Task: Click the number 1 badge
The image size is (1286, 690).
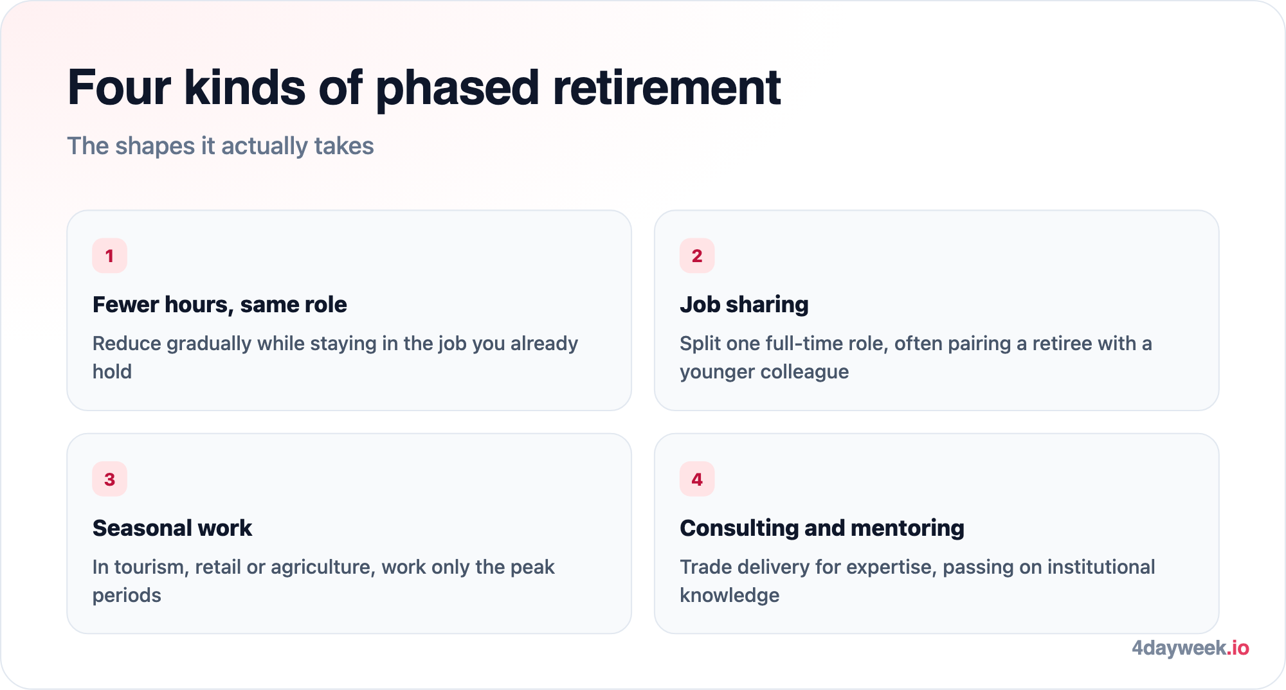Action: tap(109, 256)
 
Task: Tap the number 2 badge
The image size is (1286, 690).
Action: tap(697, 256)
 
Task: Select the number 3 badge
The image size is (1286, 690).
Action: tap(109, 479)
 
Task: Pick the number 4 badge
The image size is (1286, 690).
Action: tap(697, 479)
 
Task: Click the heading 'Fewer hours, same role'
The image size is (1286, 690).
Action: tap(220, 305)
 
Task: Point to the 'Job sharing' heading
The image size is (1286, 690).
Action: tap(744, 305)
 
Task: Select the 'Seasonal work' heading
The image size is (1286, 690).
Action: tap(172, 528)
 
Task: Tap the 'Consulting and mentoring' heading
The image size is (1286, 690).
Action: tap(822, 528)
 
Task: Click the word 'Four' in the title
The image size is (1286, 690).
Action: tap(120, 87)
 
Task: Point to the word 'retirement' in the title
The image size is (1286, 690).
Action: tap(667, 87)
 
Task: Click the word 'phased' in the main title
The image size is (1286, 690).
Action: tap(457, 89)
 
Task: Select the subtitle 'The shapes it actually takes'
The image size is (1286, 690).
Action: tap(221, 146)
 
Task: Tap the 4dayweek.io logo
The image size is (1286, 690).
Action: tap(1190, 648)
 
